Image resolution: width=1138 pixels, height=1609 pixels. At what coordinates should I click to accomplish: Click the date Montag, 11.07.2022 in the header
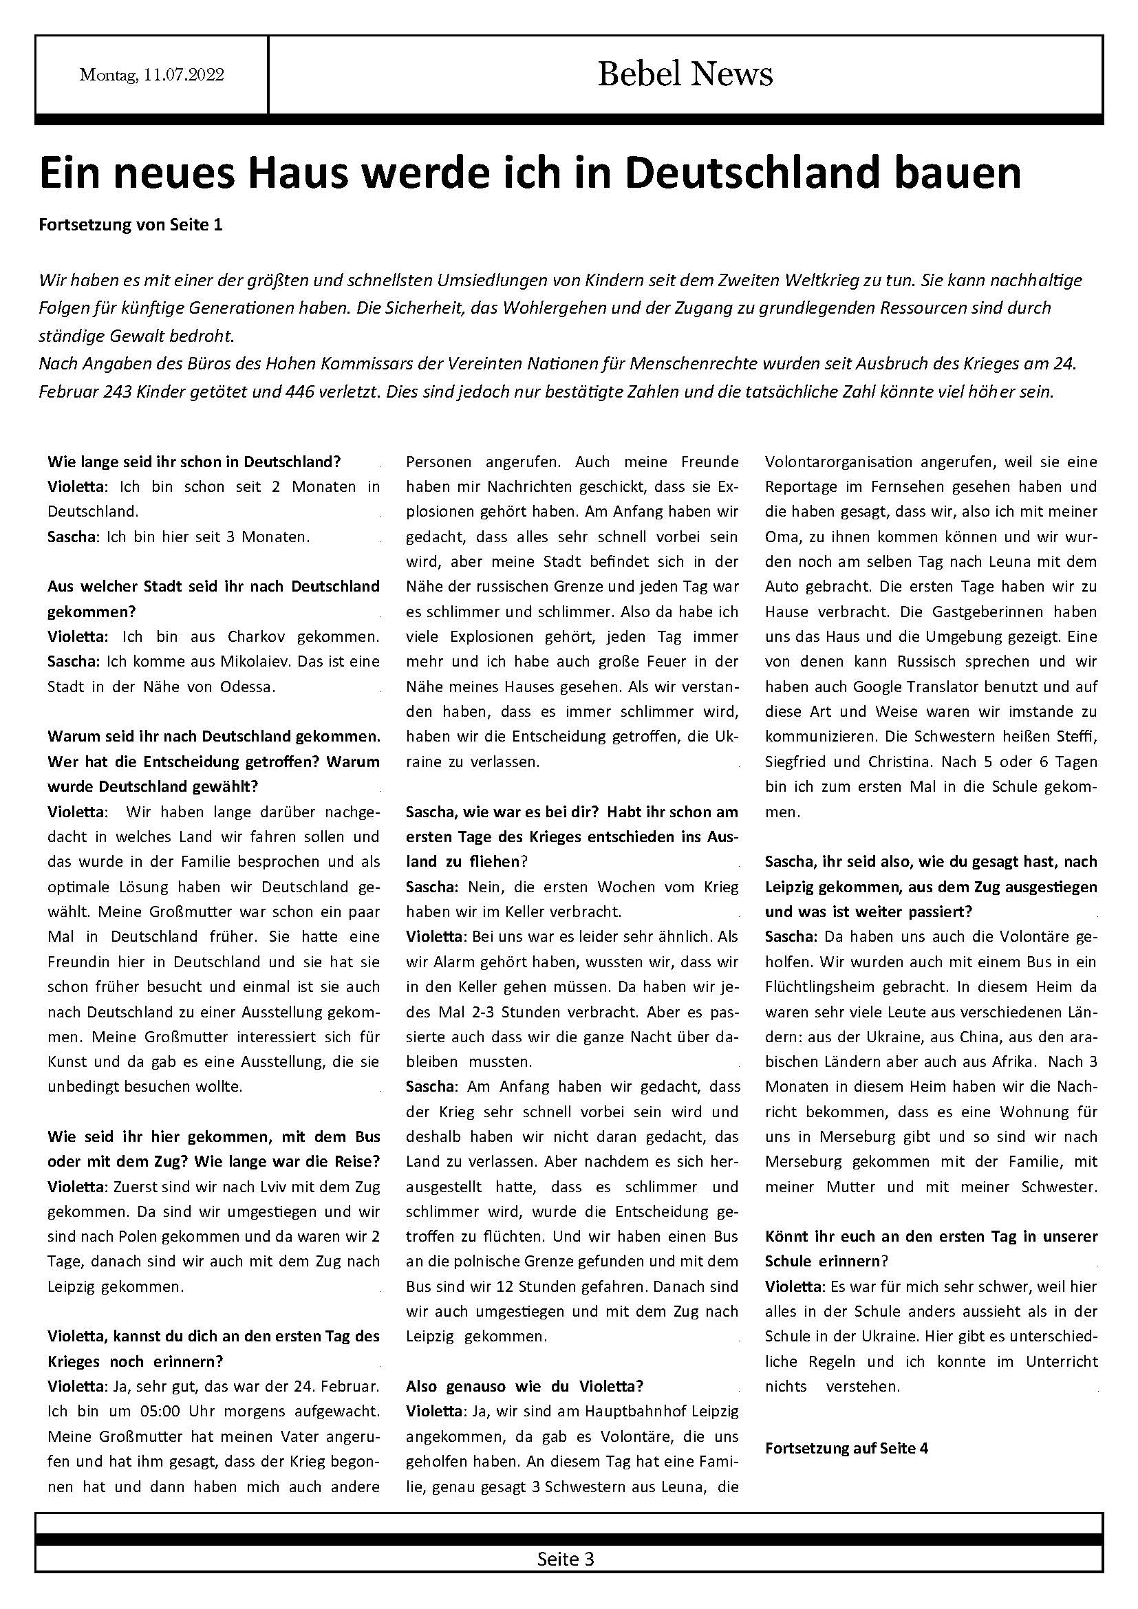point(151,75)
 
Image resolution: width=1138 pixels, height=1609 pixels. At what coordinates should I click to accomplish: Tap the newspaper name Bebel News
point(685,74)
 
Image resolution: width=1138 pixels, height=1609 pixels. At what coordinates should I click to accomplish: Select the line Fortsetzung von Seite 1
point(130,225)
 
